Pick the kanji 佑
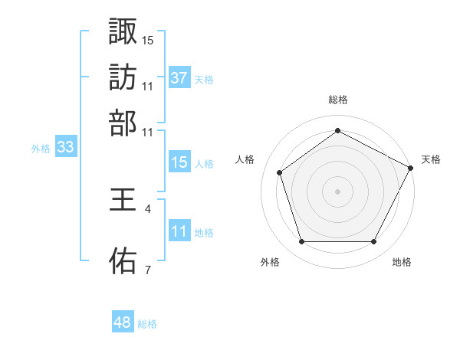[x=123, y=260]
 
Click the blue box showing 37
[x=179, y=77]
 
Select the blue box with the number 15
[x=179, y=162]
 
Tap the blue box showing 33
[x=65, y=147]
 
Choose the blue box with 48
[x=123, y=322]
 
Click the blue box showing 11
[x=179, y=231]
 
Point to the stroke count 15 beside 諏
[x=148, y=39]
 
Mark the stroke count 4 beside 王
[x=147, y=208]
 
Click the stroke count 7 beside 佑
[x=147, y=269]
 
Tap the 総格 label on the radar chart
[x=338, y=100]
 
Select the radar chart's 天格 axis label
[x=431, y=159]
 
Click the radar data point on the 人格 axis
[x=280, y=172]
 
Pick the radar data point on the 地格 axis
[x=373, y=242]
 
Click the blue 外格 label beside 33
[x=41, y=149]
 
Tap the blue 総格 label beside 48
[x=147, y=324]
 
